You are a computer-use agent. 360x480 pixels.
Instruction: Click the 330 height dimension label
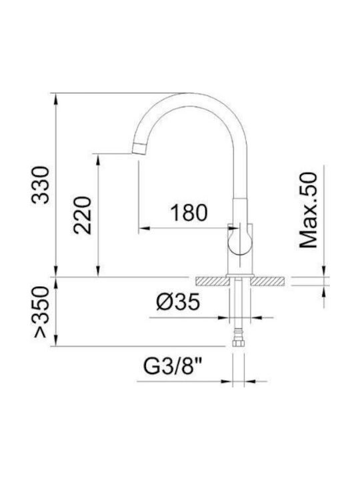(x=41, y=185)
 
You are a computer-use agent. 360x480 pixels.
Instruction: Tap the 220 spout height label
(x=83, y=215)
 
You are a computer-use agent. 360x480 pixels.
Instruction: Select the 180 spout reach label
(x=189, y=213)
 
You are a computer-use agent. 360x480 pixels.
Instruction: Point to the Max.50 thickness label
(x=308, y=210)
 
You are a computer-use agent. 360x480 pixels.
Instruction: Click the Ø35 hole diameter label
(x=178, y=301)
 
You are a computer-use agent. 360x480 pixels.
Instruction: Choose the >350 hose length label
(x=41, y=312)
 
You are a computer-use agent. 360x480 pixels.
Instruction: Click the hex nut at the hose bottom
(x=238, y=343)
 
